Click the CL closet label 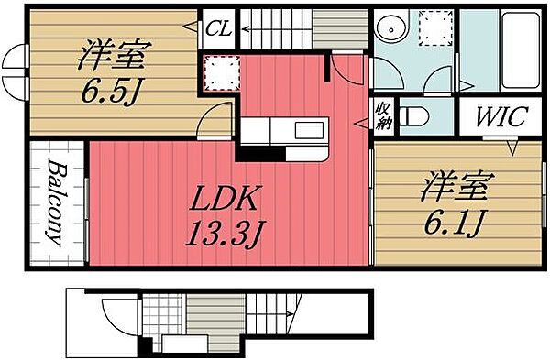pos(217,28)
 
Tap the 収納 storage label pos(382,117)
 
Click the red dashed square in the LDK pos(219,73)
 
